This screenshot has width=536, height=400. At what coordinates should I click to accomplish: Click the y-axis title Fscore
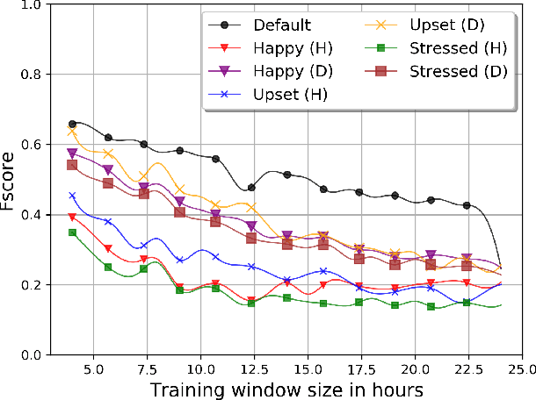click(x=12, y=179)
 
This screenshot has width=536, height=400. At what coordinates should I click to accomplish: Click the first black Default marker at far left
click(x=72, y=124)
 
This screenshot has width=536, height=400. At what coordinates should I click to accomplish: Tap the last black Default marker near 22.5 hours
click(x=467, y=205)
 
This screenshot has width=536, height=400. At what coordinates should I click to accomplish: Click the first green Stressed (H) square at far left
click(x=72, y=232)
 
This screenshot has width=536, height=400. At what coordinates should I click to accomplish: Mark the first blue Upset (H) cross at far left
click(x=72, y=196)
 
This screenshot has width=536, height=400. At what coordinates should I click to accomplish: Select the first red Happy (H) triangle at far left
click(x=72, y=217)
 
